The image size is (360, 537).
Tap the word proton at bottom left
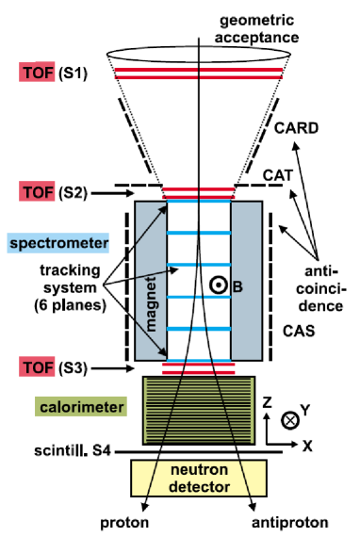124,521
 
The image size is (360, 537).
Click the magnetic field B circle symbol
216,283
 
